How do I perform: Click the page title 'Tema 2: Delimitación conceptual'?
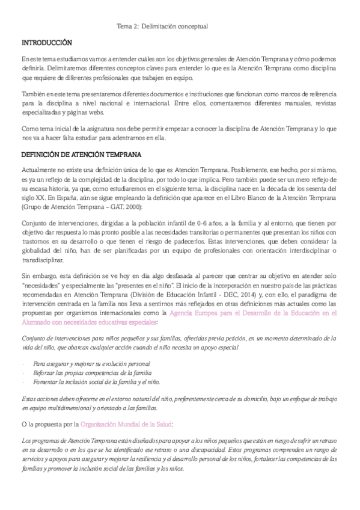point(162,26)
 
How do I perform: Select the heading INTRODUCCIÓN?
point(46,44)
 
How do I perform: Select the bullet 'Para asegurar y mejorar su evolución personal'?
point(91,364)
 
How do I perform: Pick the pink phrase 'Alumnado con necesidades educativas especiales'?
point(92,322)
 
